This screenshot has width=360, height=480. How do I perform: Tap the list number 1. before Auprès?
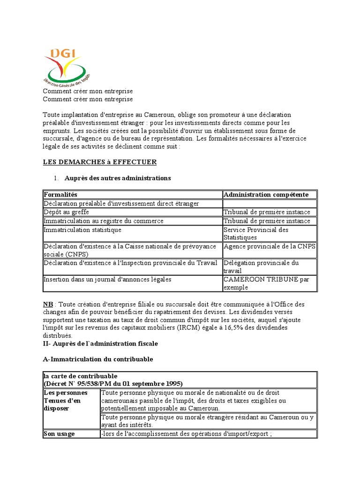tap(55, 178)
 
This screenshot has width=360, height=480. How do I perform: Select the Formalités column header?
tap(60, 195)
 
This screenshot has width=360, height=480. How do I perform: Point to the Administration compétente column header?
tap(266, 195)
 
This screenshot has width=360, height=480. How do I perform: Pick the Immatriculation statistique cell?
tap(82, 230)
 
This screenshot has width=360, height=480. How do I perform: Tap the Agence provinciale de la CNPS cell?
tap(270, 247)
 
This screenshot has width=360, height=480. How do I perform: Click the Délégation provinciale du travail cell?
tap(261, 267)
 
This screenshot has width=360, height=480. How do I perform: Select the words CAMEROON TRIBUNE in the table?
tap(259, 279)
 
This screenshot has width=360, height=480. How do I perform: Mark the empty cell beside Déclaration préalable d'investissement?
tap(270, 203)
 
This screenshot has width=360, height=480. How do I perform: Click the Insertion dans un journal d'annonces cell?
tap(107, 279)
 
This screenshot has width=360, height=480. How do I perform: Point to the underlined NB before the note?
tap(48, 304)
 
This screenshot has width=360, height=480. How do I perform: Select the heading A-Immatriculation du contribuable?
tap(98, 359)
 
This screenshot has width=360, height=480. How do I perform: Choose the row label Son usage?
tap(59, 434)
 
